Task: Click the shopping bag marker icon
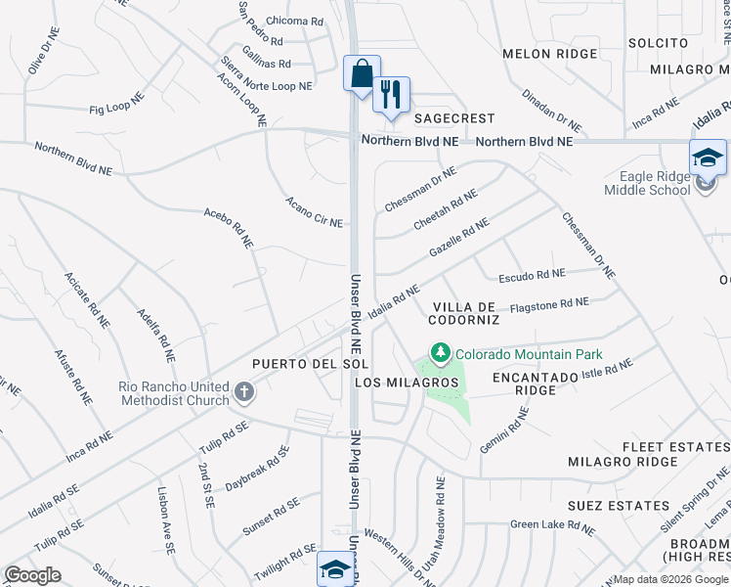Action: click(x=362, y=74)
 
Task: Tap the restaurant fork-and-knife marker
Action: click(x=391, y=95)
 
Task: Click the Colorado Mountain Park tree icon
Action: click(x=441, y=352)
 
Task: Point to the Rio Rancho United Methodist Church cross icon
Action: click(x=243, y=393)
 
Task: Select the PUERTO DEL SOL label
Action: click(x=295, y=363)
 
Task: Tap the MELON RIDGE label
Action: click(x=541, y=54)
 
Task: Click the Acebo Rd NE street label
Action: click(x=229, y=226)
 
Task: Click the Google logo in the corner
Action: click(x=33, y=575)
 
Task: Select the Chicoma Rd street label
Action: click(x=294, y=22)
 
